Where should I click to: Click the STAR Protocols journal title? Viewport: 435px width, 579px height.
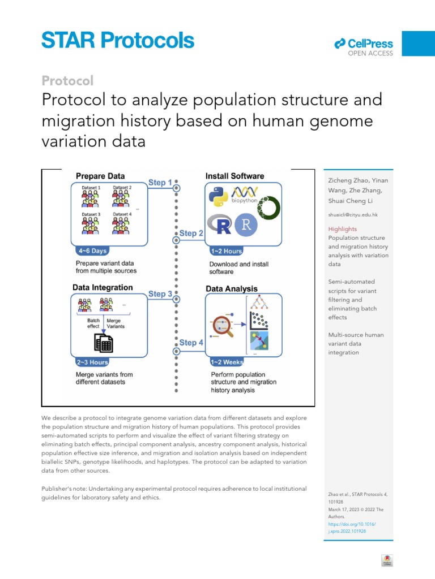coord(117,40)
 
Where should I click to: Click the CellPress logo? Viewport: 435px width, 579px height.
coord(363,44)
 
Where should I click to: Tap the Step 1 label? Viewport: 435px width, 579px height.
coord(160,182)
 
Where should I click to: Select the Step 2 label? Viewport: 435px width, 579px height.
coord(191,233)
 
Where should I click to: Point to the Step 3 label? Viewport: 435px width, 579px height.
coord(160,294)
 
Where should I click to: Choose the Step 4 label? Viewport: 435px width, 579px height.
coord(191,343)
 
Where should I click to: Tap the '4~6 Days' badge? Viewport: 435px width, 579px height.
coord(91,250)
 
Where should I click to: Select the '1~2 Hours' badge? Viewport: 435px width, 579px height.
coord(226,251)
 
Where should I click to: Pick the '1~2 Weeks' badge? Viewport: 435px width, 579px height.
coord(227,362)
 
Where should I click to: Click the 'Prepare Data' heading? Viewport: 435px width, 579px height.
coord(100,176)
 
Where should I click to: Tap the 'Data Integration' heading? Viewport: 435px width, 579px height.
coord(103,287)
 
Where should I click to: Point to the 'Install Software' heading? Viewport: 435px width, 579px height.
coord(234,176)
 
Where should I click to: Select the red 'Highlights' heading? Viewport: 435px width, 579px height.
coord(343,229)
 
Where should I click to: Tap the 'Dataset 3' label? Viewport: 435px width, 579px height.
coord(91,214)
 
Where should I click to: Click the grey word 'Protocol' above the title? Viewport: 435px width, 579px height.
coord(68,81)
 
